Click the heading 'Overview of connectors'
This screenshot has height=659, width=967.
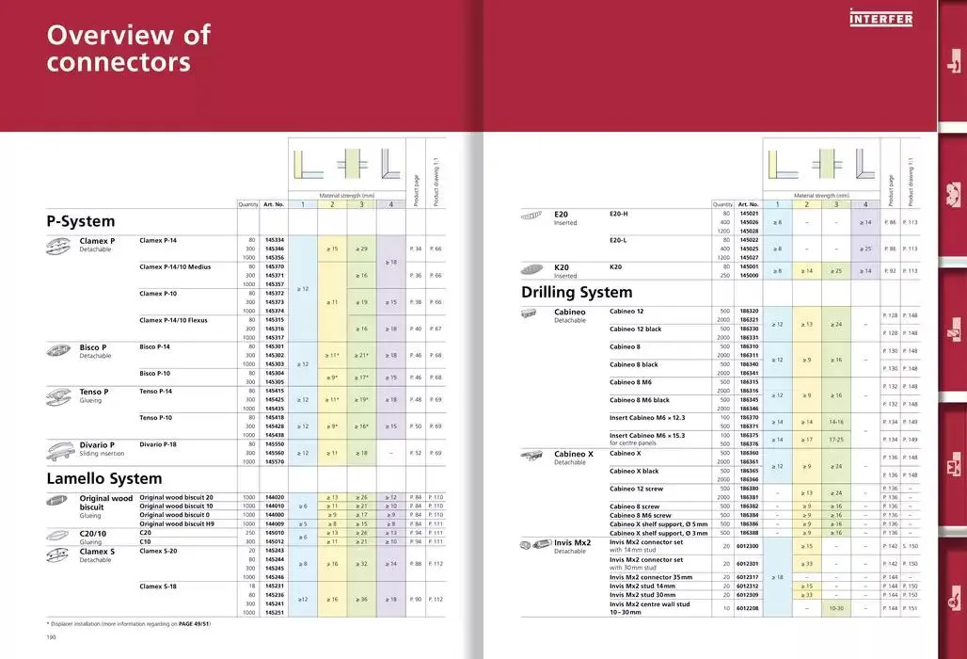click(129, 49)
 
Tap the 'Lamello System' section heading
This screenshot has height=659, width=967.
click(104, 479)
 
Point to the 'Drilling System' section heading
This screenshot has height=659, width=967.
click(577, 293)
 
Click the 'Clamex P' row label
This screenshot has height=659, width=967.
click(97, 241)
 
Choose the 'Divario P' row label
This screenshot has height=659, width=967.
click(97, 444)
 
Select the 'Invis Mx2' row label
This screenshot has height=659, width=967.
click(573, 543)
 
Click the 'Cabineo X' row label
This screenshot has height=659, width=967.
click(574, 454)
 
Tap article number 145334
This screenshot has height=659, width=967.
click(275, 240)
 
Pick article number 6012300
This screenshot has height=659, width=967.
click(748, 546)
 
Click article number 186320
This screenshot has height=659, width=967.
click(749, 311)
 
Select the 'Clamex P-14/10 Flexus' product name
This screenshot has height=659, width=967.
click(173, 320)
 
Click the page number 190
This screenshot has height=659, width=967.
click(53, 637)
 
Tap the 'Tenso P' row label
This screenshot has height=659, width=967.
click(94, 392)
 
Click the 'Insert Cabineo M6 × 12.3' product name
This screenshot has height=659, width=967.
click(647, 417)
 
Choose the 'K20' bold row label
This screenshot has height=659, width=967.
click(563, 267)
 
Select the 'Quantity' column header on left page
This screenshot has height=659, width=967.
click(248, 204)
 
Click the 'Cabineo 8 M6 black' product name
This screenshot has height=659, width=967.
click(640, 400)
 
